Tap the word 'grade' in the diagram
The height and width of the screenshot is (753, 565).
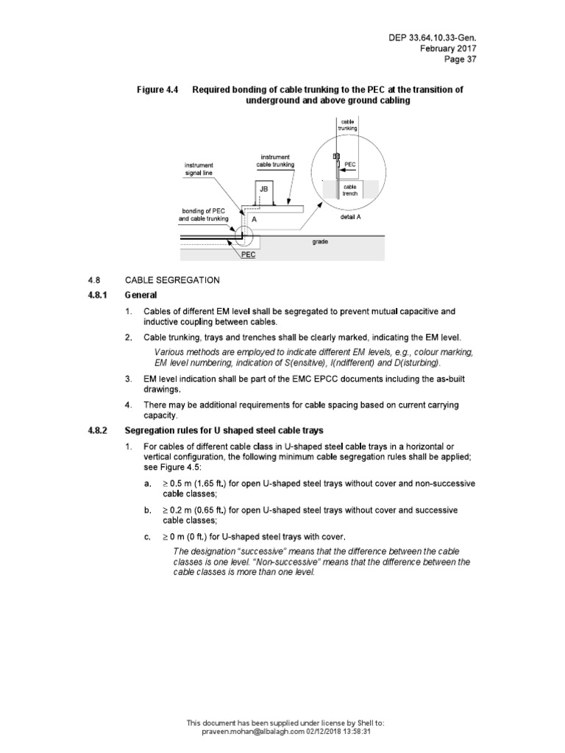pos(319,240)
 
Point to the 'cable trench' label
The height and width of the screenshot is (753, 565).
pos(349,191)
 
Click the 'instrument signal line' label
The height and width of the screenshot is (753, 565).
pos(198,169)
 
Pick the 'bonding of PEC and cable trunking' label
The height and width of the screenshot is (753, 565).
pos(204,215)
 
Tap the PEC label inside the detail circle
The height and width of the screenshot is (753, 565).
pos(350,165)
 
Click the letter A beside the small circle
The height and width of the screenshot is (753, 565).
pos(254,219)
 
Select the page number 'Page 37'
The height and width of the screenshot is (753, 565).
pos(462,60)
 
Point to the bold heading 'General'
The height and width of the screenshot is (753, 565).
pos(140,295)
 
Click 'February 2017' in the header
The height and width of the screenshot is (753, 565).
pos(449,49)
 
